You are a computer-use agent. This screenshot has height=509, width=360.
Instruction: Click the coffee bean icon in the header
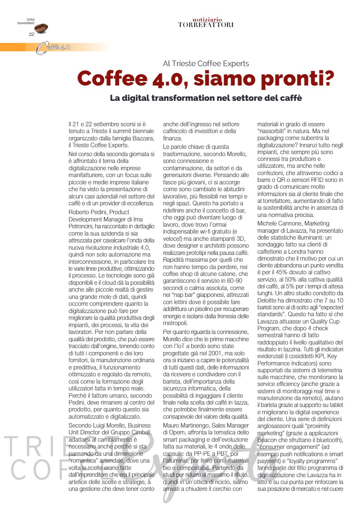tap(41, 28)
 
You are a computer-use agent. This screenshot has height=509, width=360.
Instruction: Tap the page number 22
tap(31, 34)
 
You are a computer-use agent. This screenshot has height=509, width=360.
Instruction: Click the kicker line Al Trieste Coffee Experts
tap(206, 63)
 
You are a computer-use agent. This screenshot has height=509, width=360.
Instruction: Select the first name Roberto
tap(79, 211)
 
